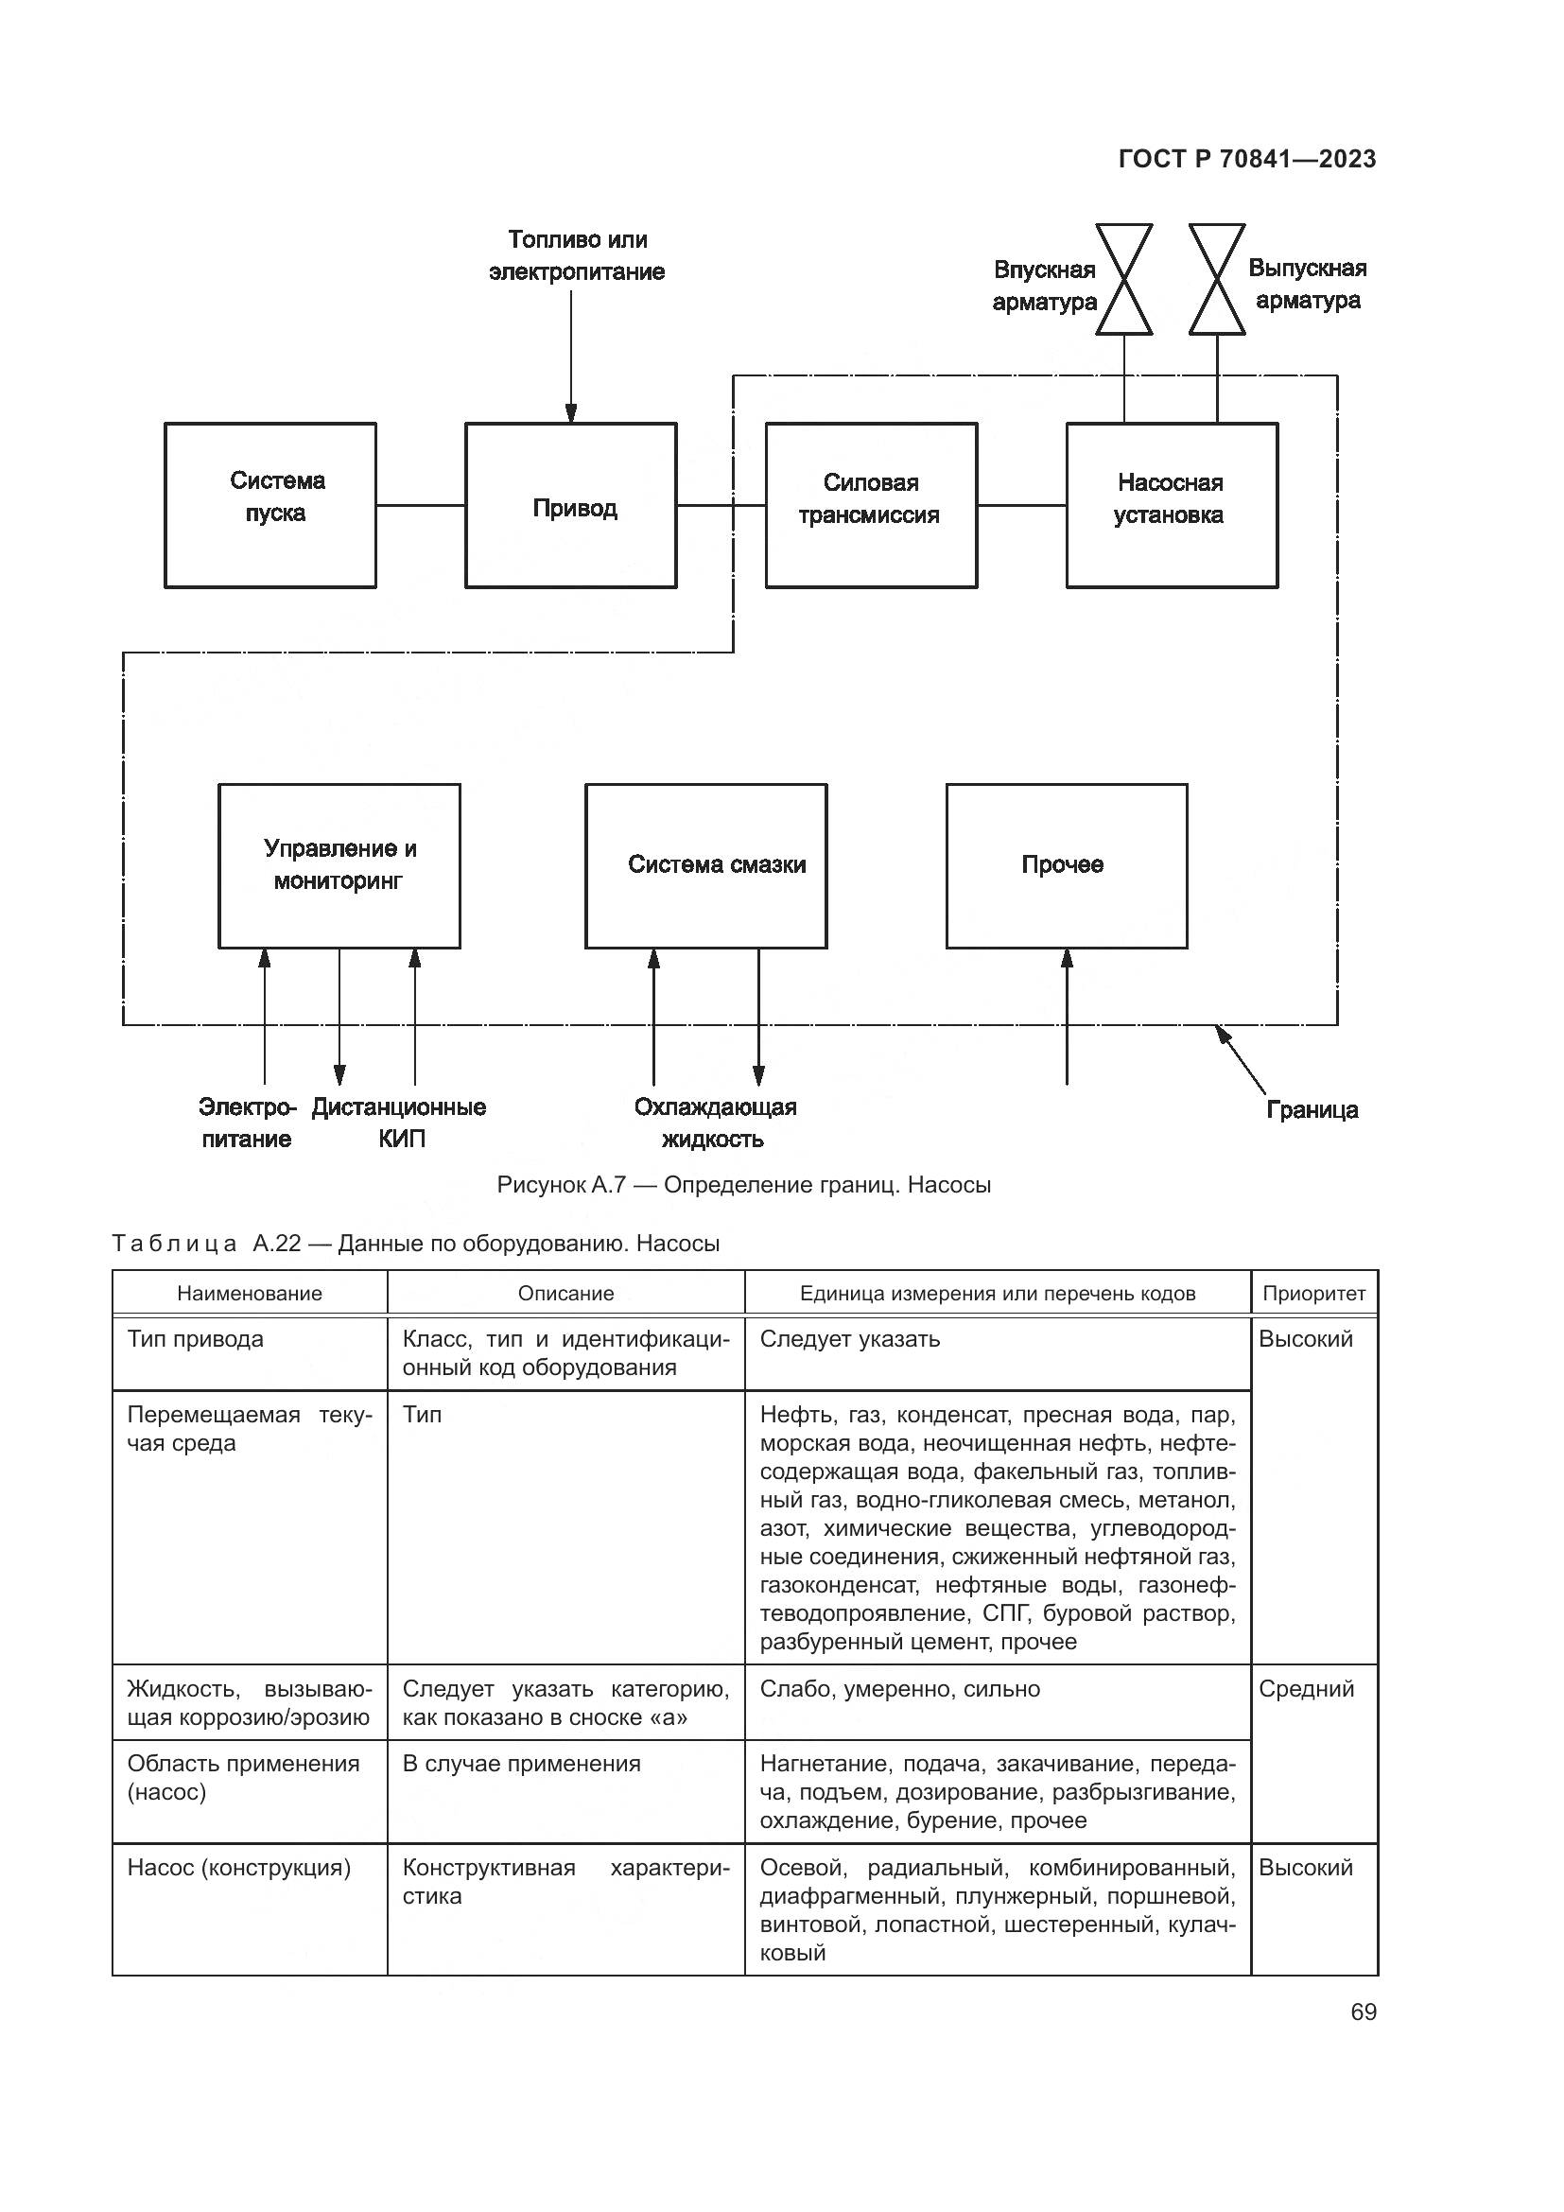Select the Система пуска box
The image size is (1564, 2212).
(x=270, y=506)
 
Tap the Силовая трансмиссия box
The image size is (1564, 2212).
(x=871, y=506)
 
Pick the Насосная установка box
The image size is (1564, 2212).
(x=1171, y=506)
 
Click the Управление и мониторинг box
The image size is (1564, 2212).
(x=339, y=865)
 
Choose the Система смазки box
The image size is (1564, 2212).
(x=706, y=865)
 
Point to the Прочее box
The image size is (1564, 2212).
(x=1066, y=865)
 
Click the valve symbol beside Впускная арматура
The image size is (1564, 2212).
(x=1124, y=279)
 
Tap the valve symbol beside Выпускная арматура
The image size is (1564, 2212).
(x=1216, y=279)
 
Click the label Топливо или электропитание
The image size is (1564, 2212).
(x=577, y=255)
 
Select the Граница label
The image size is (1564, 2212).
(x=1311, y=1110)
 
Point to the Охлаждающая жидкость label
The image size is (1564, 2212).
(x=715, y=1123)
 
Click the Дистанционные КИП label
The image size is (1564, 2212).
(x=399, y=1123)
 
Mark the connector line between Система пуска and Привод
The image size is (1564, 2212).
(x=420, y=505)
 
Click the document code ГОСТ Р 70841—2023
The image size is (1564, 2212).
(x=1247, y=159)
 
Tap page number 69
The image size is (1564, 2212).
(x=1363, y=2012)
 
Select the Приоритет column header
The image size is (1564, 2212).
(x=1313, y=1294)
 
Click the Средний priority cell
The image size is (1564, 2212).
(x=1306, y=1689)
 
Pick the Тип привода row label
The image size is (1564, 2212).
(x=196, y=1339)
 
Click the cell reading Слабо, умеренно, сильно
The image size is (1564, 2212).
(x=899, y=1689)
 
